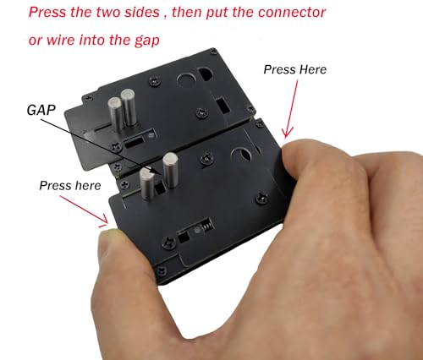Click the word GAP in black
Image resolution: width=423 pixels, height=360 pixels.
point(41,110)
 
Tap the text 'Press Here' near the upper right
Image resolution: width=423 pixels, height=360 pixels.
point(295,69)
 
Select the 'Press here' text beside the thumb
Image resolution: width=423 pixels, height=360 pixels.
point(70,186)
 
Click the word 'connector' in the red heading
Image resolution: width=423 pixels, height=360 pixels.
point(292,12)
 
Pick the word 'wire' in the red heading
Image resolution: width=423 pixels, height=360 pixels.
point(61,40)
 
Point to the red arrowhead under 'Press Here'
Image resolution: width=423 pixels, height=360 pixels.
point(287,133)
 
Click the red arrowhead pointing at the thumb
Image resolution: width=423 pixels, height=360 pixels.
point(103,221)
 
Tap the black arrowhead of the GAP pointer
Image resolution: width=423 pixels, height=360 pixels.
point(155,172)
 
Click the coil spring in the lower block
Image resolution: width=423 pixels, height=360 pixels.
point(206,226)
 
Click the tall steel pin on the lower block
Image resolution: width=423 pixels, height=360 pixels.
point(170,170)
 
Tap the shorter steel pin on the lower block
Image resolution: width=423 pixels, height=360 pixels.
point(146,183)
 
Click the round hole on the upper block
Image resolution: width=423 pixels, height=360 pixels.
point(186,81)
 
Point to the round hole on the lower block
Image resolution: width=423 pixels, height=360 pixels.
point(241,155)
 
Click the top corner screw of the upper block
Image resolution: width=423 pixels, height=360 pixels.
point(213,52)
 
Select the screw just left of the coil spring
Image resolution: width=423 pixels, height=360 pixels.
point(168,242)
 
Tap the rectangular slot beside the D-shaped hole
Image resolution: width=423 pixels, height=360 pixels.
point(222,105)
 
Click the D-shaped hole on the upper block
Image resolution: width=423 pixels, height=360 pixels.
point(205,74)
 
